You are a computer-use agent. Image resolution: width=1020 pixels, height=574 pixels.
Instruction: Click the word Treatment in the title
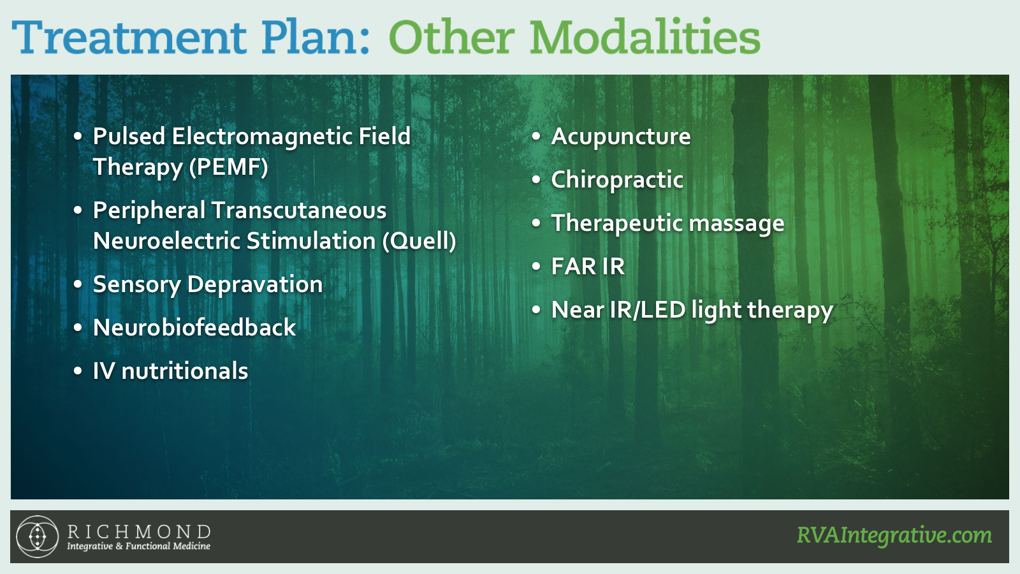point(129,37)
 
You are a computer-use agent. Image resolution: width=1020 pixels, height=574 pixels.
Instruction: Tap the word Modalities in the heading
point(645,36)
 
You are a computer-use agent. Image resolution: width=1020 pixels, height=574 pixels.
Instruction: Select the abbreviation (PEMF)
point(229,166)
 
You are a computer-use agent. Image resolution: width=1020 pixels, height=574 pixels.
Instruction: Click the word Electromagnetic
point(261,136)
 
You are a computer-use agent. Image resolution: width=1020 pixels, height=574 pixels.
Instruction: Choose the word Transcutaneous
point(299,210)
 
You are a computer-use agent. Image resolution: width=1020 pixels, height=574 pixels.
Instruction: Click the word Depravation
point(255,284)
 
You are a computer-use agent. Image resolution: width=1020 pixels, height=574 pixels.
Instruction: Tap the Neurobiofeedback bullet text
point(194,328)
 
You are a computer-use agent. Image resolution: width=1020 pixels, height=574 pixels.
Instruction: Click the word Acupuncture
point(621,137)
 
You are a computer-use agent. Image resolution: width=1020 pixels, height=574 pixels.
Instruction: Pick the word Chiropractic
point(617,180)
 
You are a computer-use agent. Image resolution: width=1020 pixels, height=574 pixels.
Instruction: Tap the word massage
point(737,224)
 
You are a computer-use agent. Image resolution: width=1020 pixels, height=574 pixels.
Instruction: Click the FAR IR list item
point(588,267)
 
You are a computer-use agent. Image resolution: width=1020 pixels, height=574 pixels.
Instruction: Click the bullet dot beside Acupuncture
point(536,136)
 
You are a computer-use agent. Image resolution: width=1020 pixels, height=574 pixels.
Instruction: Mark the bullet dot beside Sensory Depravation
point(78,284)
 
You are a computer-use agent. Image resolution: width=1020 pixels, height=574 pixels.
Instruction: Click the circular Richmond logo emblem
point(38,536)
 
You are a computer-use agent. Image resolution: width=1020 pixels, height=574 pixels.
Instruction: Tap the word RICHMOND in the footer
point(139,532)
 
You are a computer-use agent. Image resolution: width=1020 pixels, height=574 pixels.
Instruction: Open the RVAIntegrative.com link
point(894,536)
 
